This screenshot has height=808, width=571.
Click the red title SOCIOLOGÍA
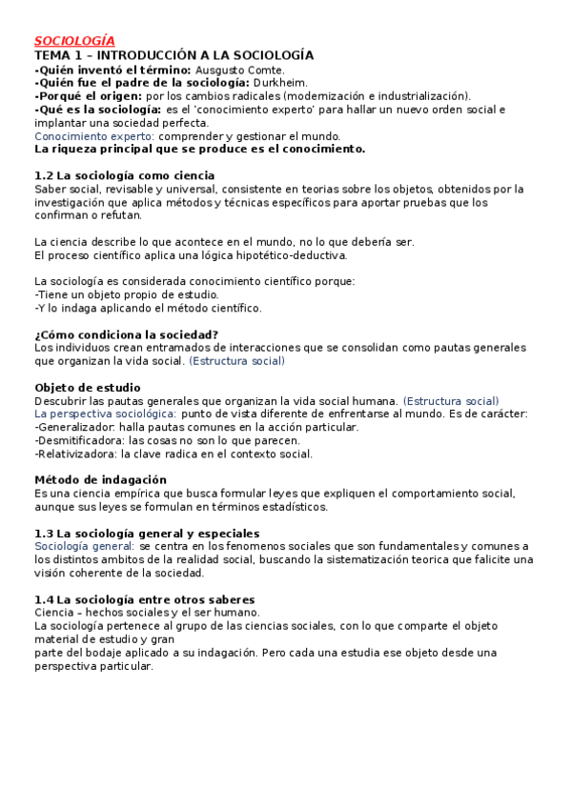(x=74, y=41)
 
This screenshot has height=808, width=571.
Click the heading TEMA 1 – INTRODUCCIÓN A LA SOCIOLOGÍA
(x=173, y=55)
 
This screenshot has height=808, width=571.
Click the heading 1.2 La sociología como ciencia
(x=124, y=175)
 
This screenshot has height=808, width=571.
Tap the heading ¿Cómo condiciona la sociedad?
(x=126, y=334)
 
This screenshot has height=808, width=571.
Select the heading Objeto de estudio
(x=88, y=387)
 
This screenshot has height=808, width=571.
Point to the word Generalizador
(x=75, y=427)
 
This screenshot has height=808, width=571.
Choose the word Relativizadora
(x=77, y=454)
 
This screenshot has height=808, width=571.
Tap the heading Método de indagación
(x=100, y=479)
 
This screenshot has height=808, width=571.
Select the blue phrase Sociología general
(x=85, y=546)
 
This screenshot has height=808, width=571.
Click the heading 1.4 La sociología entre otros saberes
(x=144, y=598)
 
